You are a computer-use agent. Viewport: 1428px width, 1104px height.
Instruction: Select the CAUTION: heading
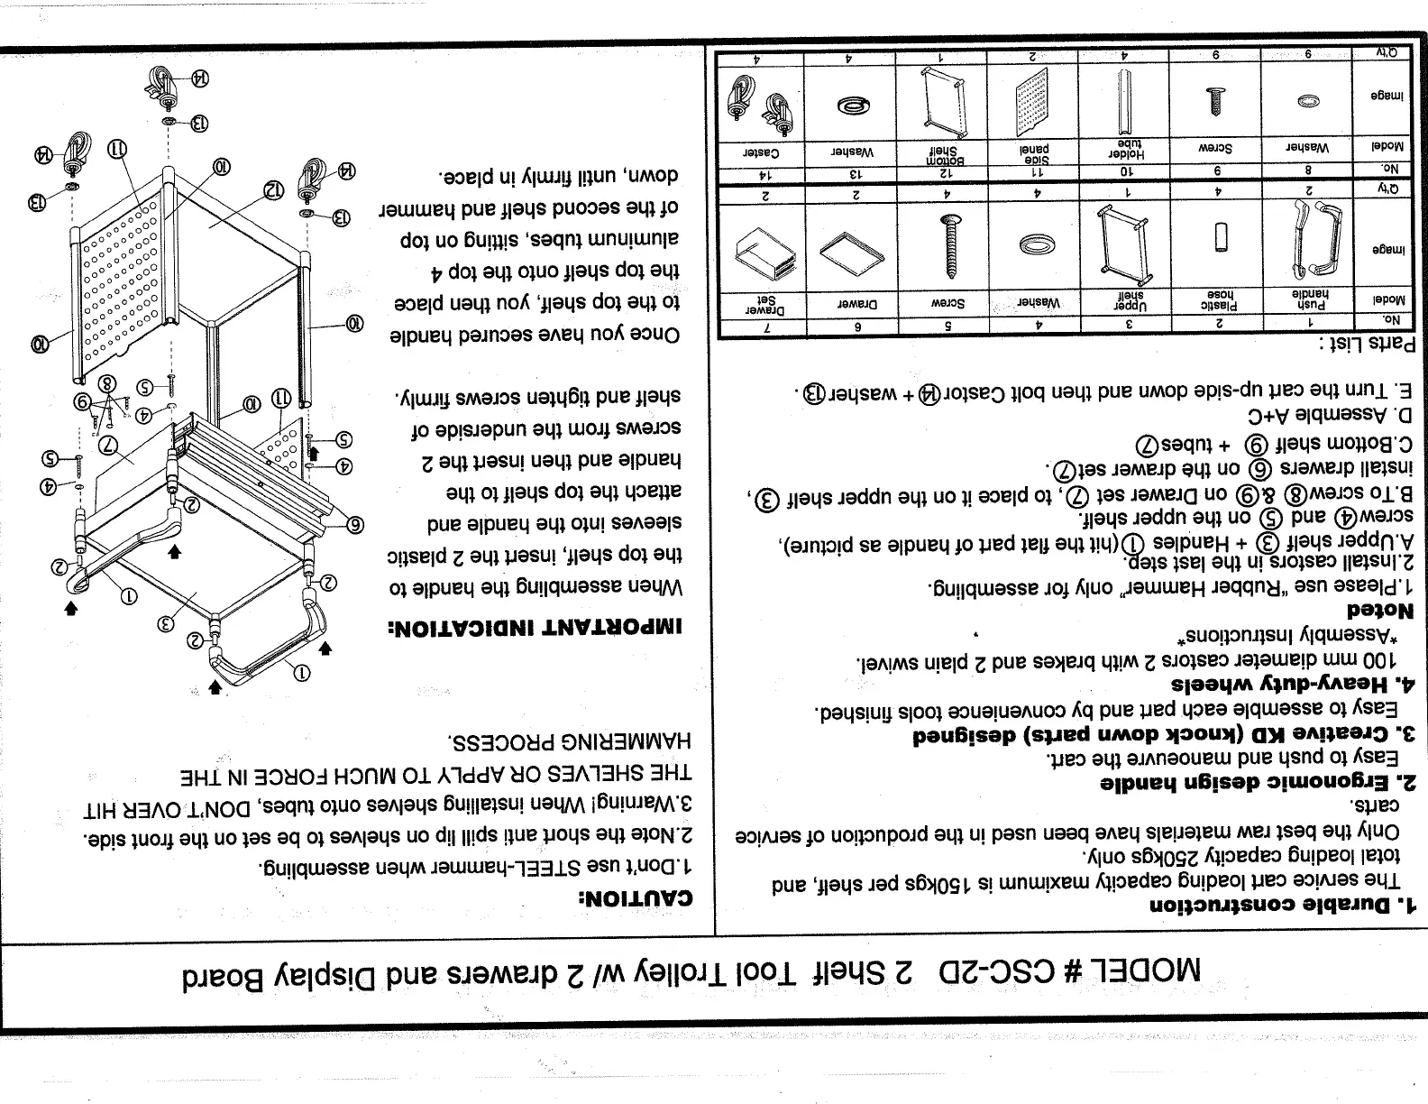point(637,898)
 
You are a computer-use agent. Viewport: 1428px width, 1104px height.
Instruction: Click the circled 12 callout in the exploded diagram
point(274,190)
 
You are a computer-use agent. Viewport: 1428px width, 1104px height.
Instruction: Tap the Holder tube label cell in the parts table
point(1123,148)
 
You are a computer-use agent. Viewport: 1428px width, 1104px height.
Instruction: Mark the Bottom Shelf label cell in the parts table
point(941,149)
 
